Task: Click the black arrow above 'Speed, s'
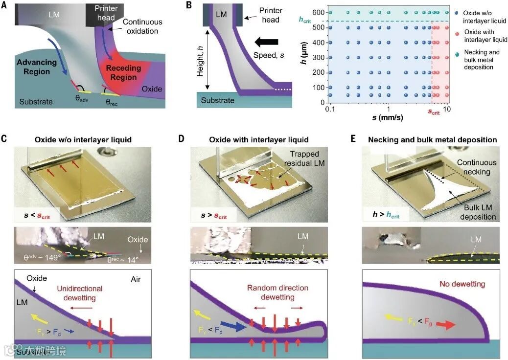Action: (x=266, y=42)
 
